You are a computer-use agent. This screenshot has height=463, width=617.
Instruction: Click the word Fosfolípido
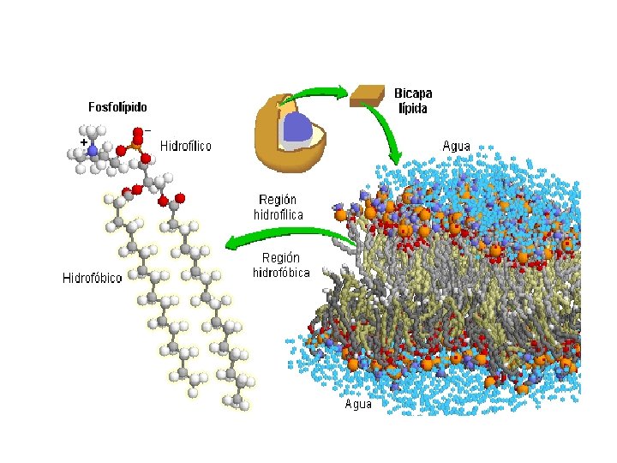(x=117, y=108)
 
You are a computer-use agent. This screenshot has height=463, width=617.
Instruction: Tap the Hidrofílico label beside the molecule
(x=185, y=147)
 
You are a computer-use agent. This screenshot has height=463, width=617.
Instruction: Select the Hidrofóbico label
(x=93, y=278)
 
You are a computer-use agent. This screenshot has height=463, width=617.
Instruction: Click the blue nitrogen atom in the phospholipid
(x=93, y=150)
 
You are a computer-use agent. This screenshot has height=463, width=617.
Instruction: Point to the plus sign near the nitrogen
(x=83, y=141)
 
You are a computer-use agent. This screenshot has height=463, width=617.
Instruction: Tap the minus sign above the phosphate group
(x=148, y=129)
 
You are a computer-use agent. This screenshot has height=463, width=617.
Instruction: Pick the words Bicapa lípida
(x=413, y=100)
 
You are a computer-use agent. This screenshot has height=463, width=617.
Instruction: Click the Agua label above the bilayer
(x=456, y=147)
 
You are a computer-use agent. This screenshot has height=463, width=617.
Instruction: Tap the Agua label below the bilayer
(x=358, y=404)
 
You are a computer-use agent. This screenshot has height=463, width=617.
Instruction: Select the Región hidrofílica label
(x=279, y=206)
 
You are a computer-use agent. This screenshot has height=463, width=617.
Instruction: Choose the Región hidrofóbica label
(x=280, y=265)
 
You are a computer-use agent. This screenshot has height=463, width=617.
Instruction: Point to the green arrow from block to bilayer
(x=386, y=129)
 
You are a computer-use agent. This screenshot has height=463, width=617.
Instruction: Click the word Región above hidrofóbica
(x=280, y=257)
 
